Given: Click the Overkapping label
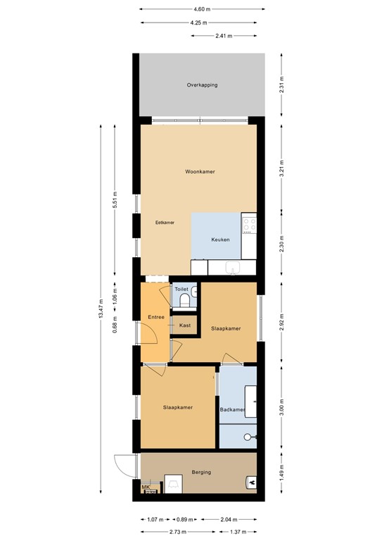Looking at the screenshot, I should tap(201, 85).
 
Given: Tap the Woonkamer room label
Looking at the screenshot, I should tap(200, 172).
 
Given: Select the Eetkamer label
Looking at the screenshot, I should tap(165, 222).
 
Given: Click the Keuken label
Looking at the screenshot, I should tap(221, 240).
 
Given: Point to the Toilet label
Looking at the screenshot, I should tap(182, 290).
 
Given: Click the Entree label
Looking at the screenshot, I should tap(155, 317).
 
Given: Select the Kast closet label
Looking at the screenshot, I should tap(185, 325).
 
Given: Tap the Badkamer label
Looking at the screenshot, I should tap(232, 409).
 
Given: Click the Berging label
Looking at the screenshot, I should tap(200, 472).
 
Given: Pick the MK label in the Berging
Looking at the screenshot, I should tap(146, 487).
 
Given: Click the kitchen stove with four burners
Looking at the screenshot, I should tap(250, 224).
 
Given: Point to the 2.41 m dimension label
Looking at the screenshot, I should tap(225, 36).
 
